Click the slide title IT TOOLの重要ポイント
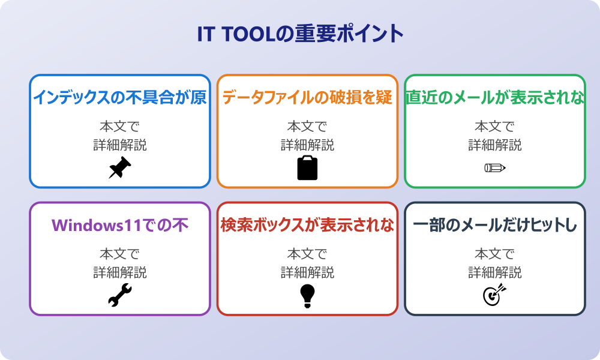pos(300,34)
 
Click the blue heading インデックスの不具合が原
pos(119,98)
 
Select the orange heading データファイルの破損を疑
pos(307,98)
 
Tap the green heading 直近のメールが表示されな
pos(495,98)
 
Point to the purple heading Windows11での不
pos(119,226)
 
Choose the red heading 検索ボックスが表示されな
pos(307,226)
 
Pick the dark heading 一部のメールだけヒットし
pos(495,226)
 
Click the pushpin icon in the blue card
pos(119,168)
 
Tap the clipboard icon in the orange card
pos(307,168)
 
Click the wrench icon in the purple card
pos(119,296)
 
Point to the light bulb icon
pos(307,296)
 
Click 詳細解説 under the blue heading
pos(119,145)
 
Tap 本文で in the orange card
pos(307,127)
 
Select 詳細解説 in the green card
pos(495,145)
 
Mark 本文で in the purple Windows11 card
pos(119,254)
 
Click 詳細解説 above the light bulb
pos(307,272)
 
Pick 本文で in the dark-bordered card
pos(495,254)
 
